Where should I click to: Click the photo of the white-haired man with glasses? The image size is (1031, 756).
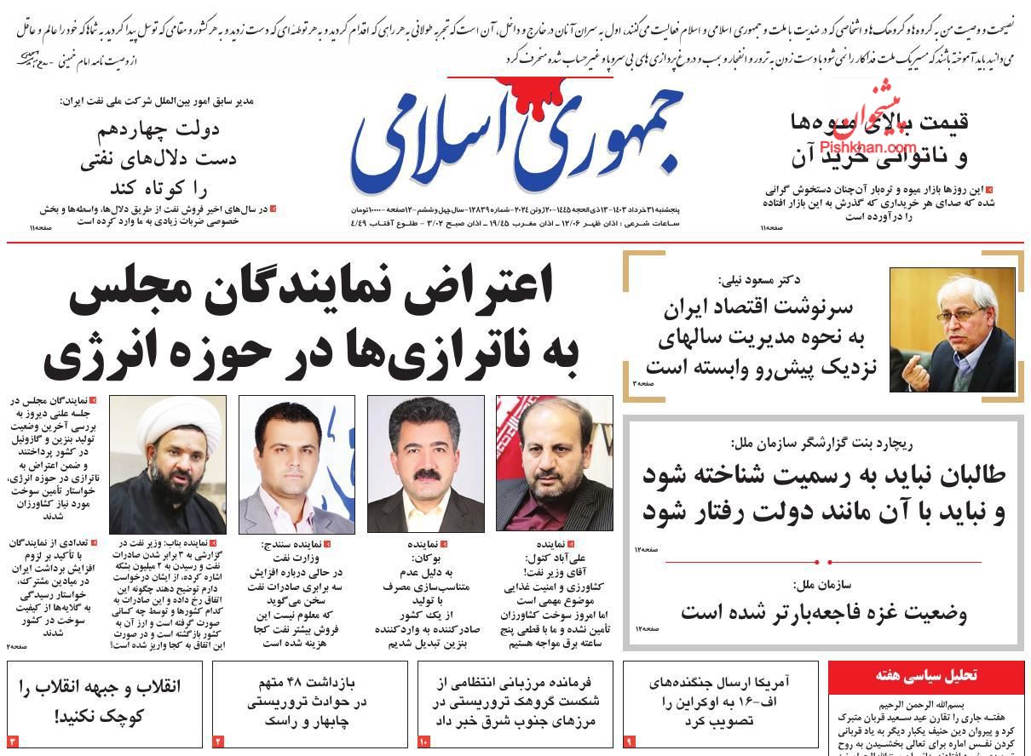[952, 329]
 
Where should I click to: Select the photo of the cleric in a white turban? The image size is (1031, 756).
[168, 464]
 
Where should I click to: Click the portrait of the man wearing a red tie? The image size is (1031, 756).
[296, 464]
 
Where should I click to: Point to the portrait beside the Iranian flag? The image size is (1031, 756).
[554, 464]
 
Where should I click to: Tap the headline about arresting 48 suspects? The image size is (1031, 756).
[311, 701]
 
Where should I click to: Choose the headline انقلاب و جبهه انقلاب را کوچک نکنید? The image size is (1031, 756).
[105, 701]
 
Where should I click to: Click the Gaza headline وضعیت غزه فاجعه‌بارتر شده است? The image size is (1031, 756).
[823, 612]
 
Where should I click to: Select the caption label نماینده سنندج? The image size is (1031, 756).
[292, 543]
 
